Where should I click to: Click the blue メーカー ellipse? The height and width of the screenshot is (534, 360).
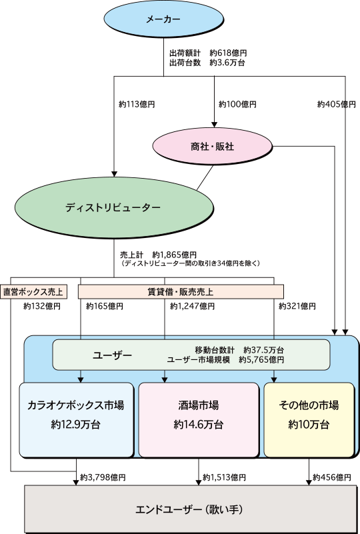(x=163, y=19)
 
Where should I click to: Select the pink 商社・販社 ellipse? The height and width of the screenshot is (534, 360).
(x=213, y=147)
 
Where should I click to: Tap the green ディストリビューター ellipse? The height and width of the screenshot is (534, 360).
(x=114, y=207)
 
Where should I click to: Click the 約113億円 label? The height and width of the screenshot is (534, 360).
(x=137, y=105)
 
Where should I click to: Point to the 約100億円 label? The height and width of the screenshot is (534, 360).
(x=237, y=104)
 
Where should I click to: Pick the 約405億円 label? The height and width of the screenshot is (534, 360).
(x=336, y=104)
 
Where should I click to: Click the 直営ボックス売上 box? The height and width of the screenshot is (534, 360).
(x=33, y=292)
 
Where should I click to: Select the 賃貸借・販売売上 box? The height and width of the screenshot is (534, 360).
(x=181, y=292)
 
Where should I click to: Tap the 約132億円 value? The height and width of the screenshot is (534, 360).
(x=42, y=306)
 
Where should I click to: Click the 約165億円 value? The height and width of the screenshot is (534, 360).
(x=105, y=306)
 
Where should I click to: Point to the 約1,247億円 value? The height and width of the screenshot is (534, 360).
(x=193, y=306)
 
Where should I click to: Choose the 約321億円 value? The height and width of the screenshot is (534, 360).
(x=297, y=306)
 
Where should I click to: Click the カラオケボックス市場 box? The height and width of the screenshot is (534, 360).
(x=76, y=419)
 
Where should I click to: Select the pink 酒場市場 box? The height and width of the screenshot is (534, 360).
(x=199, y=419)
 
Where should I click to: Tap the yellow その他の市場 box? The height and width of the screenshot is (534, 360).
(x=309, y=419)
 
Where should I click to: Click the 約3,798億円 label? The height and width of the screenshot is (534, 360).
(x=103, y=477)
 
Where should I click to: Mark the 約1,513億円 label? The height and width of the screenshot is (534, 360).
(x=224, y=477)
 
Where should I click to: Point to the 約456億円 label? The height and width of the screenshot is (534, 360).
(x=332, y=477)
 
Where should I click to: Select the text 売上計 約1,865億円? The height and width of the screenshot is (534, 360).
(x=159, y=255)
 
